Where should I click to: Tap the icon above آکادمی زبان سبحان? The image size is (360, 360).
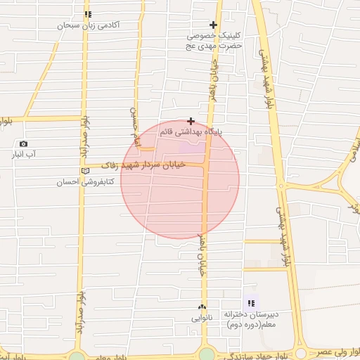click(x=87, y=14)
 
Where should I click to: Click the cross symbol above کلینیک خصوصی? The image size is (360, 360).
click(x=213, y=25)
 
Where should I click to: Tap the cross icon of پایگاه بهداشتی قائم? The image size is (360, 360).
click(x=191, y=121)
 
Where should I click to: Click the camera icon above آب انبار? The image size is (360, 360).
click(x=23, y=143)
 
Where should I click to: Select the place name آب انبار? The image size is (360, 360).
click(x=24, y=153)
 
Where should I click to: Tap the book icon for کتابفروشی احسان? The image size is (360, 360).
click(x=86, y=171)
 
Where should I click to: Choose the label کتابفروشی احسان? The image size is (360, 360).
click(x=80, y=181)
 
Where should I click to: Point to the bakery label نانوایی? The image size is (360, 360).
click(x=201, y=318)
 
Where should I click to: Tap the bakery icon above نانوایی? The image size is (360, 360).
click(x=202, y=307)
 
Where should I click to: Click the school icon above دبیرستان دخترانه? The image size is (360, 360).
click(x=251, y=303)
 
